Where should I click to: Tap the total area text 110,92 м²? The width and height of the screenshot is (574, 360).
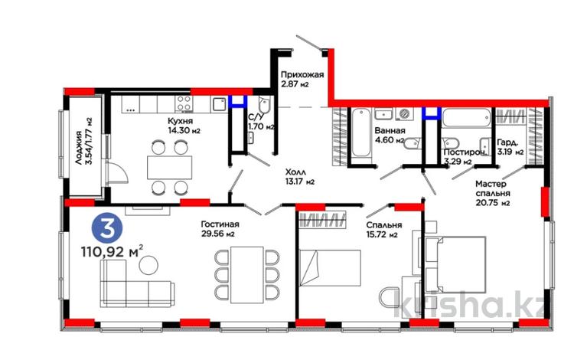coord(112,252)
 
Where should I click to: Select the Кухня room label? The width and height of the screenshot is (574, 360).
coord(180,121)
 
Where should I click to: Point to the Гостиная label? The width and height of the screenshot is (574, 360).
coord(220,224)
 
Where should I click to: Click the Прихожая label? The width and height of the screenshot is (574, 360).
coord(302,75)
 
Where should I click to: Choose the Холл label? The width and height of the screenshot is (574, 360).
coord(295,172)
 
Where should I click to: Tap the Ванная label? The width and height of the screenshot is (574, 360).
coord(390,131)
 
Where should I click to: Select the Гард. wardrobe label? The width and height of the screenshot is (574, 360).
coord(507,142)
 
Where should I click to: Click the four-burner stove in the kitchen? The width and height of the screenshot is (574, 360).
coord(184,103)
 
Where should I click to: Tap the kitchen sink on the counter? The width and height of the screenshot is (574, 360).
coord(220,104)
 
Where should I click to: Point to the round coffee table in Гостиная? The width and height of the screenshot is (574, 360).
coord(148,265)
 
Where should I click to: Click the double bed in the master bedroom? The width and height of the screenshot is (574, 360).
coord(455,264)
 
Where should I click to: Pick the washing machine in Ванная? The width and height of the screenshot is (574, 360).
coord(405,114)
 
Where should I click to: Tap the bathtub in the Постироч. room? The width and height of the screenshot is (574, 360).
coord(466,118)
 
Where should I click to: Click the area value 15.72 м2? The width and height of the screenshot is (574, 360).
coord(382,234)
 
